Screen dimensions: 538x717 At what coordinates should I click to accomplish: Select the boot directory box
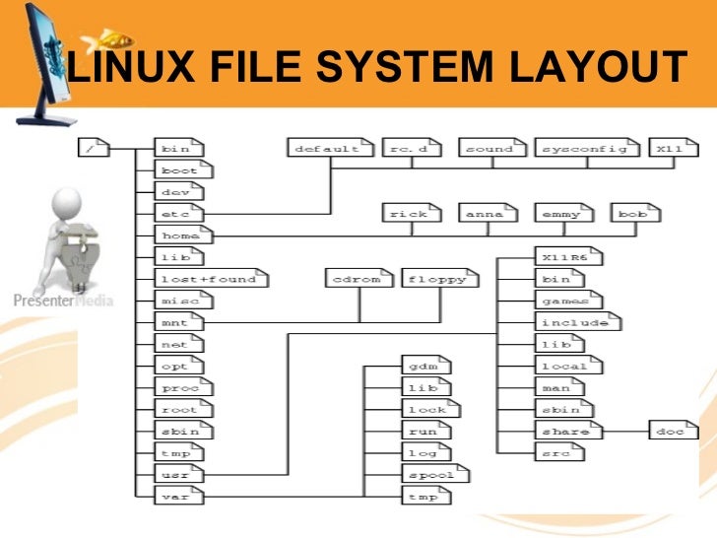tap(179, 170)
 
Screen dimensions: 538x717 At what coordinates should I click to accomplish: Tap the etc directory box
tap(179, 214)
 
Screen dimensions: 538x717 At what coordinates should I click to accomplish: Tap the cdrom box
tap(358, 279)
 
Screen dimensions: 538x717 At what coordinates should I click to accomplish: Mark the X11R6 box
tap(566, 257)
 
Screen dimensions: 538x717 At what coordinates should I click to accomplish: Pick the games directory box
tap(566, 301)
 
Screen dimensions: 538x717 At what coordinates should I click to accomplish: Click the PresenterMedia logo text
tap(63, 301)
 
